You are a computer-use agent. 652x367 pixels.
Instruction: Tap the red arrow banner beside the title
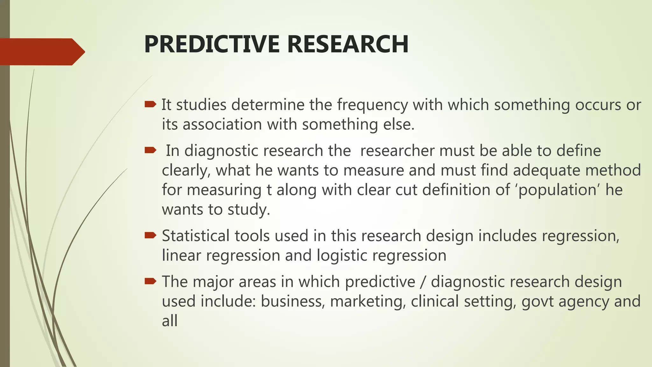pos(41,52)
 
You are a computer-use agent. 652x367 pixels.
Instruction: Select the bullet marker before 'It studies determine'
pos(150,104)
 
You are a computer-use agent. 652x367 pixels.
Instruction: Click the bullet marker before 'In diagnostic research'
pos(150,150)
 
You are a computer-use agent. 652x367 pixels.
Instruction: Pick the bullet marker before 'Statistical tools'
pos(150,235)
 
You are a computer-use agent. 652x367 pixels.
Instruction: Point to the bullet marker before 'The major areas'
pos(150,281)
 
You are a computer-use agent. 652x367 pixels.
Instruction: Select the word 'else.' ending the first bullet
pos(399,124)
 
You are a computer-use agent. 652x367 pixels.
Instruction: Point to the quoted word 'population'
pos(557,190)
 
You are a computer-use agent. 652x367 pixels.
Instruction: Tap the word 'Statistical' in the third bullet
pos(195,236)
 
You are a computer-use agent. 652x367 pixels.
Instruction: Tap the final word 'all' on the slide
pos(169,321)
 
